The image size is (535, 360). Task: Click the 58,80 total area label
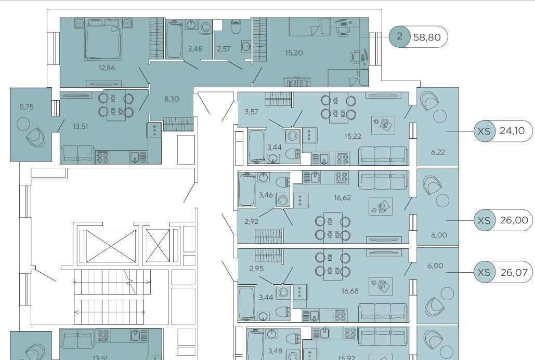click(x=427, y=37)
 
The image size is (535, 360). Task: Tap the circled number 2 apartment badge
click(x=399, y=36)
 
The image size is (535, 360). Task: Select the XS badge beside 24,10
click(x=484, y=131)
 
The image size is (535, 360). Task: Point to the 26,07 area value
click(x=514, y=272)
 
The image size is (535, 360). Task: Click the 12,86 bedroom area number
click(x=107, y=68)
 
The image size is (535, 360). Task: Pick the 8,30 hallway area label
click(x=171, y=99)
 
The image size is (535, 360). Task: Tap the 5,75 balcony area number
click(x=27, y=106)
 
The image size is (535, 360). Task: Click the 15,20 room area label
click(x=294, y=53)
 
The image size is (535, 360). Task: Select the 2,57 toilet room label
click(x=224, y=49)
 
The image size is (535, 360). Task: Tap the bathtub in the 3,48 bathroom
click(x=174, y=39)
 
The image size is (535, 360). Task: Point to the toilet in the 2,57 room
click(x=236, y=27)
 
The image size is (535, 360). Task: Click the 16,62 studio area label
click(x=342, y=198)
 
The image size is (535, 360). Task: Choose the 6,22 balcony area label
click(x=438, y=152)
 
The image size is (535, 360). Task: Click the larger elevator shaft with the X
click(x=111, y=246)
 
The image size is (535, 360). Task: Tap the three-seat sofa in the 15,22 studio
click(x=383, y=156)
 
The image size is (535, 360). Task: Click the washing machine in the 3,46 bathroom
click(x=282, y=199)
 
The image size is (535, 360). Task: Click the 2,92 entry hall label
click(x=252, y=221)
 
